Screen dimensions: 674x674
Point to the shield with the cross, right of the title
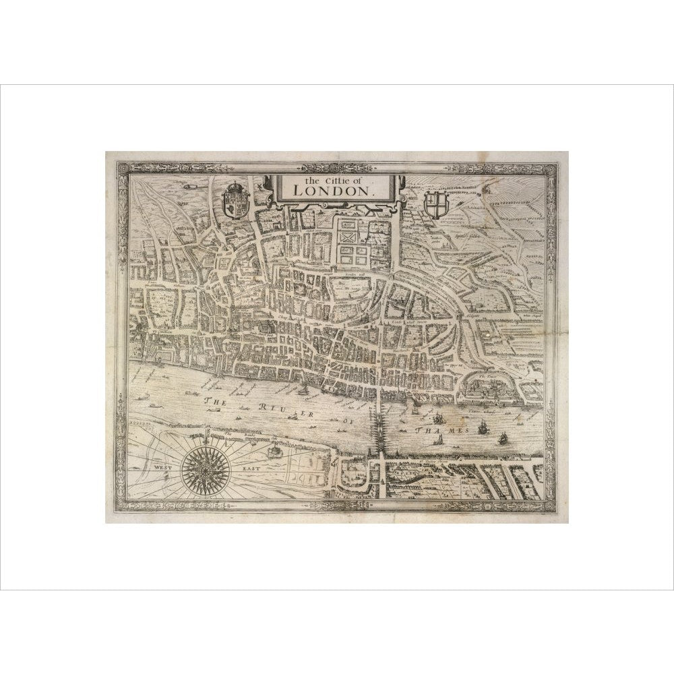coord(436,204)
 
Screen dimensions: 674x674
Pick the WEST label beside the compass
coord(163,466)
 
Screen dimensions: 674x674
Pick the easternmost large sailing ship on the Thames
coord(502,439)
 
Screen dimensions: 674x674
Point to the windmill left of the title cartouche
coord(257,183)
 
